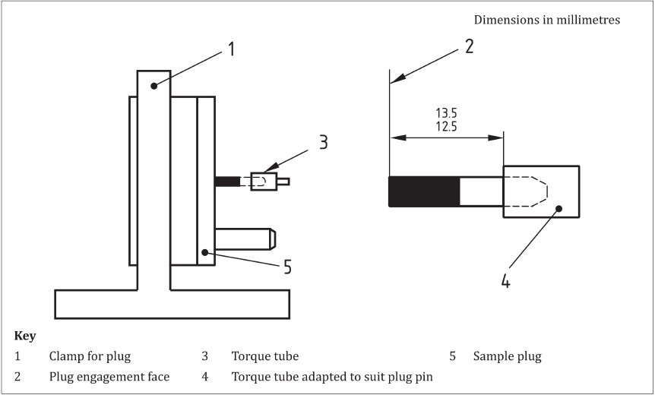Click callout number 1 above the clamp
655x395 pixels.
(x=231, y=49)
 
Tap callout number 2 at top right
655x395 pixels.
(x=469, y=46)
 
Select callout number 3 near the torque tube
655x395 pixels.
(x=323, y=142)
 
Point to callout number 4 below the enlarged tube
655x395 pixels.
(x=505, y=282)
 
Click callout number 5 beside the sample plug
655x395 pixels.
(x=287, y=267)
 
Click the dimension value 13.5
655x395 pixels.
(x=446, y=113)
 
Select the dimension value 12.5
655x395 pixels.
(x=446, y=126)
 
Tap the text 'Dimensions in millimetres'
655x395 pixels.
(x=547, y=20)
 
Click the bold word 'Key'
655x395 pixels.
(x=25, y=336)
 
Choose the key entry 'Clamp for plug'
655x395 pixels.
(x=90, y=356)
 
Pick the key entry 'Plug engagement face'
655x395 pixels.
(x=109, y=377)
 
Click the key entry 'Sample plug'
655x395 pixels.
(x=507, y=356)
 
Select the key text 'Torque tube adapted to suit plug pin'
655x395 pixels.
(x=332, y=377)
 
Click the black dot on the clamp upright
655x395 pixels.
(x=154, y=86)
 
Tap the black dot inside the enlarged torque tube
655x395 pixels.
(x=559, y=208)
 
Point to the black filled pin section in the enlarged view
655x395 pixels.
(x=424, y=191)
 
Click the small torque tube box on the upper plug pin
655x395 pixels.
(x=264, y=182)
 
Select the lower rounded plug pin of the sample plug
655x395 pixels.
(x=245, y=239)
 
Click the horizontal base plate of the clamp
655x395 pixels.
(x=172, y=304)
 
